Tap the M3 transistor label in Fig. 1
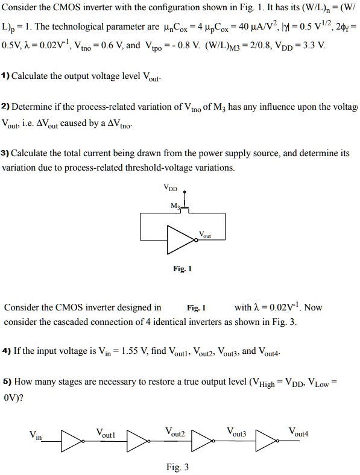[175, 207]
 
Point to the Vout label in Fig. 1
[205, 234]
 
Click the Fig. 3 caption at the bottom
[177, 467]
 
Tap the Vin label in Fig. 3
[36, 436]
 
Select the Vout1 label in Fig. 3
[106, 432]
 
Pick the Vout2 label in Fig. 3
[175, 432]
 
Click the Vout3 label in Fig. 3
[236, 432]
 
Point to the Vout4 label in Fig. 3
[298, 432]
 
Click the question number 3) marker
[5, 153]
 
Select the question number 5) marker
[7, 382]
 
